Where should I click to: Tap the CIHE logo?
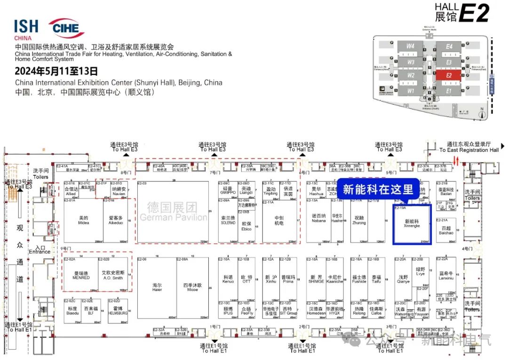point(66,28)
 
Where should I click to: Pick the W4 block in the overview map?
point(411,47)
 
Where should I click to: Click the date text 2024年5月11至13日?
point(56,71)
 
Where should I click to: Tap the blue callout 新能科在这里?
point(378,189)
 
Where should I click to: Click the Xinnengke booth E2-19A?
point(412,224)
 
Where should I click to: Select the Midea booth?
point(83,220)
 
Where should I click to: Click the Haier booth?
point(157,288)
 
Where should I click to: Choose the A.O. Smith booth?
point(113,275)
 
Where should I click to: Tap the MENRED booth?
point(81,275)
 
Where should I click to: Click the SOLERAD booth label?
point(228,220)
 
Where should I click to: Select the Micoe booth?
point(193,288)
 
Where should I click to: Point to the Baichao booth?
point(446,231)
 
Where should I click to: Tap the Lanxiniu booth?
point(446,275)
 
